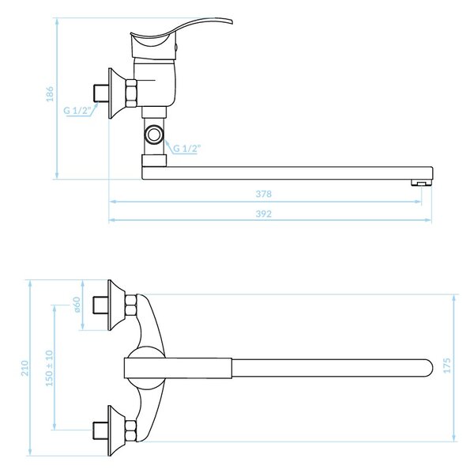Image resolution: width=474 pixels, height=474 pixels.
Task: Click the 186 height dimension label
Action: (x=50, y=94)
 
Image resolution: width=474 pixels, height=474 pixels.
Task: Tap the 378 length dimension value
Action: (x=264, y=194)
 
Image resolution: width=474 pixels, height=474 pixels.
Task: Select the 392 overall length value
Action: (x=264, y=214)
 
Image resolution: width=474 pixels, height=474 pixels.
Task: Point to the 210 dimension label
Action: (x=24, y=368)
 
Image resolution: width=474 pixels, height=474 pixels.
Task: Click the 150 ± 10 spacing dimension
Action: (x=49, y=368)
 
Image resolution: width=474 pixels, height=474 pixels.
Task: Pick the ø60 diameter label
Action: (x=77, y=305)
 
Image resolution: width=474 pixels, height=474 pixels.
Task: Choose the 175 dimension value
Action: (x=446, y=366)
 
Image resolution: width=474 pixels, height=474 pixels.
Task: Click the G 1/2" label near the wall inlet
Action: (x=77, y=111)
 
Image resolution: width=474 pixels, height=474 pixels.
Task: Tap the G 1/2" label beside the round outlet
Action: (x=186, y=149)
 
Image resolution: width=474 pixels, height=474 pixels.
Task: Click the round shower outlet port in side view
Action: (x=154, y=134)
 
